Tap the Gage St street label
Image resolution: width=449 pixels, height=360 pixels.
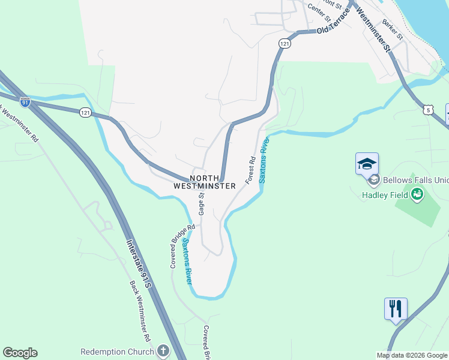pyautogui.click(x=202, y=203)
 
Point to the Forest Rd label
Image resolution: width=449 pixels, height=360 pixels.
pyautogui.click(x=250, y=170)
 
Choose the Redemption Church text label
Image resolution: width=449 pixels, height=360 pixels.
pyautogui.click(x=118, y=351)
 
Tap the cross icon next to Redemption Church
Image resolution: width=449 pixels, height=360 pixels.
pyautogui.click(x=163, y=351)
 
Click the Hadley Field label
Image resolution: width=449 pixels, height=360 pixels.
pyautogui.click(x=384, y=194)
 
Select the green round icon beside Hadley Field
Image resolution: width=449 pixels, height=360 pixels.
pyautogui.click(x=417, y=194)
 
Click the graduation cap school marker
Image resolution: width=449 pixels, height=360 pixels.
pyautogui.click(x=367, y=163)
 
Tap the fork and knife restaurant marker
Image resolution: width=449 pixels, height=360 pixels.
pyautogui.click(x=396, y=309)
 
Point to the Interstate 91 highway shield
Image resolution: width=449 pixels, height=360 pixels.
pyautogui.click(x=25, y=102)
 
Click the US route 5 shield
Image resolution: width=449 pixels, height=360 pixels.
pyautogui.click(x=427, y=109)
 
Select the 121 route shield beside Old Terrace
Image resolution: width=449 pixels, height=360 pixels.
pyautogui.click(x=285, y=44)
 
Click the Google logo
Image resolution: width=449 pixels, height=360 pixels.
pyautogui.click(x=20, y=353)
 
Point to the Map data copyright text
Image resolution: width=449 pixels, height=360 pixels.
pyautogui.click(x=412, y=355)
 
